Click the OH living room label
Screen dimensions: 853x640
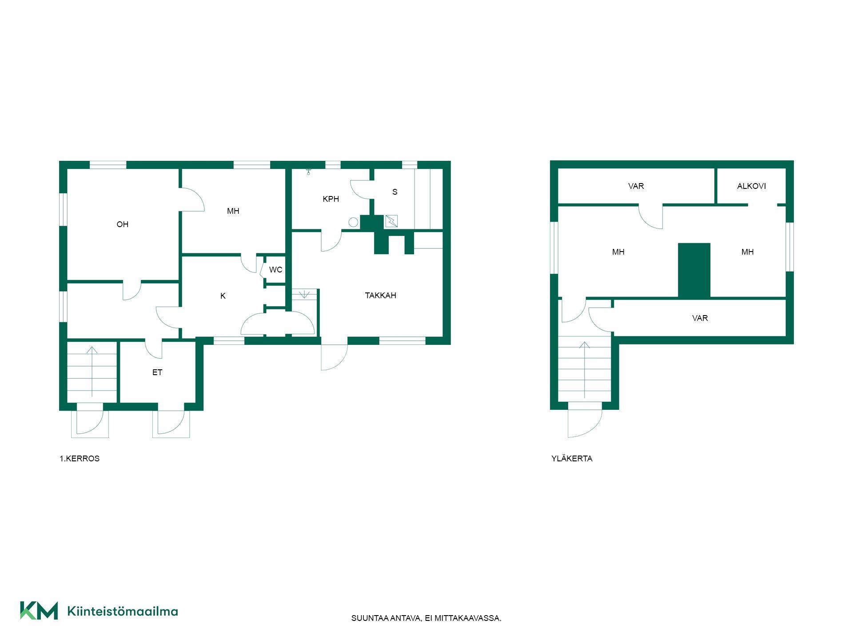(123, 224)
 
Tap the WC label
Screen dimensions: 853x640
(275, 270)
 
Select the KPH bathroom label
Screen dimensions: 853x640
(331, 199)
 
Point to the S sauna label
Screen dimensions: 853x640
(395, 192)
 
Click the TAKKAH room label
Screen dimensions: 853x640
(380, 296)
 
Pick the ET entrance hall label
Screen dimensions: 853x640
(157, 372)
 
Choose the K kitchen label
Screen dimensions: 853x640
(223, 296)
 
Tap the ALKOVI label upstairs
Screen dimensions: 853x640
(751, 186)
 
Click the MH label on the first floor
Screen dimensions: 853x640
(233, 211)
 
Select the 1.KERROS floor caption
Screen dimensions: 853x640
(80, 459)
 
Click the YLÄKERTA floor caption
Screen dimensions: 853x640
(572, 459)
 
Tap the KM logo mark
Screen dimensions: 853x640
(39, 611)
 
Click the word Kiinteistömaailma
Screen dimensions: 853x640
(123, 611)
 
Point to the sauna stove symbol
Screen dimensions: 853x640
(391, 221)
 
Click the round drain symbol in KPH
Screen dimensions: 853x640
(353, 222)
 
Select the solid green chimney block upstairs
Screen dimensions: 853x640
(694, 270)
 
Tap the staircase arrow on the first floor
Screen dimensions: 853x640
(92, 372)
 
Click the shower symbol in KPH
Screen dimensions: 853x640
(308, 172)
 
